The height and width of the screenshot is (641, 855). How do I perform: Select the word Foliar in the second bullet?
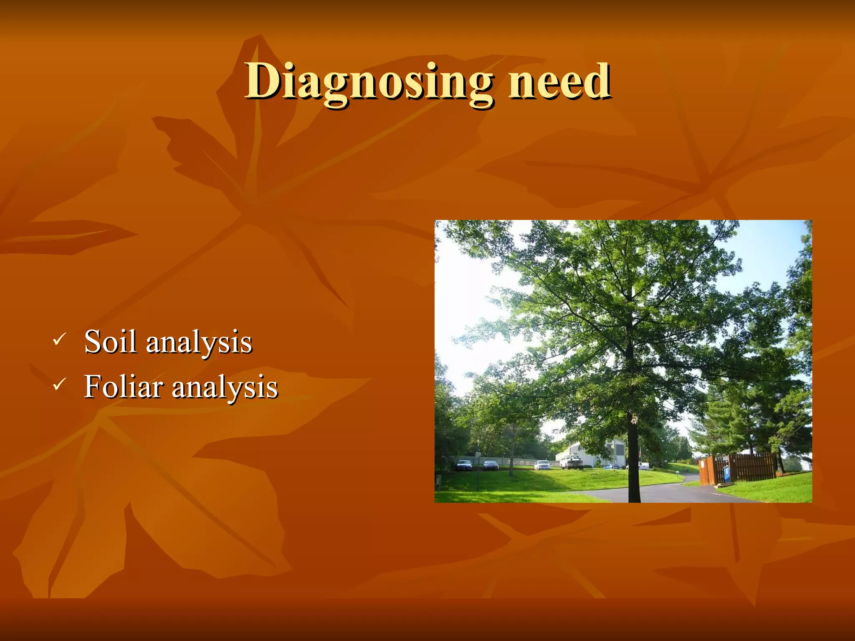123,386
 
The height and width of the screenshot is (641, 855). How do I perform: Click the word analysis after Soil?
199,342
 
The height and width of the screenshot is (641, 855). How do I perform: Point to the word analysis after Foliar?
225,387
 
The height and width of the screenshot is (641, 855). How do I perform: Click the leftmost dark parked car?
464,465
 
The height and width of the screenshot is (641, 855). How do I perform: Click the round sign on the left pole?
478,454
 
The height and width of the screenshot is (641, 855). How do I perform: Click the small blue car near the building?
610,466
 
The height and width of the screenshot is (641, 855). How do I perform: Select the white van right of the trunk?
644,466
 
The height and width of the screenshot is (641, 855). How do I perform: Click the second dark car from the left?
491,465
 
